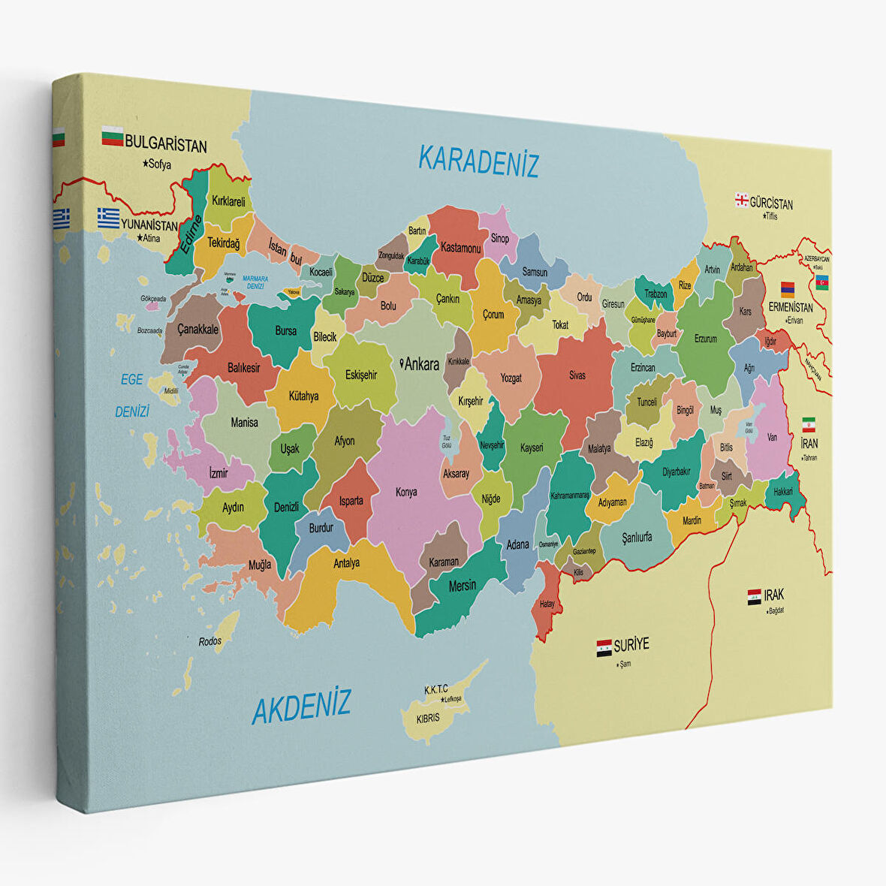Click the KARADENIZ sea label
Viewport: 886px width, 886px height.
[x=478, y=161]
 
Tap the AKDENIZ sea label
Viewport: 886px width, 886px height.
[x=301, y=707]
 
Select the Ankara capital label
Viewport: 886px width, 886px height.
[x=420, y=365]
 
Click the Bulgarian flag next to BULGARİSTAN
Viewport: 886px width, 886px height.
[x=113, y=137]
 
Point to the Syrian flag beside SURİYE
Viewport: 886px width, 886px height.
[x=604, y=648]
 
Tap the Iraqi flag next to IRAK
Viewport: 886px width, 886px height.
[x=754, y=598]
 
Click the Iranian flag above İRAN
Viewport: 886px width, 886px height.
[x=809, y=424]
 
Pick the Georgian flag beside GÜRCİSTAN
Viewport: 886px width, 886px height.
[x=742, y=200]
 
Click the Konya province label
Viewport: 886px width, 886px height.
[x=406, y=493]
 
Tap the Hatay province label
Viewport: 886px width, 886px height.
[x=547, y=604]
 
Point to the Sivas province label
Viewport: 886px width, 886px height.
[x=577, y=375]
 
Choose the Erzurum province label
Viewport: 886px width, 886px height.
[x=706, y=339]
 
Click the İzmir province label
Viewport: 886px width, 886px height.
[x=218, y=474]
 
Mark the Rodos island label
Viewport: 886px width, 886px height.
[x=210, y=642]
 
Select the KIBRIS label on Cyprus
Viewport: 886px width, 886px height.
[x=427, y=719]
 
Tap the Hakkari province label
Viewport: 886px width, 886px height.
[x=783, y=490]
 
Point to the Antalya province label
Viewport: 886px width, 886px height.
[x=346, y=562]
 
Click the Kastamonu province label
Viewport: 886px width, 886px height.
[x=460, y=248]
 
